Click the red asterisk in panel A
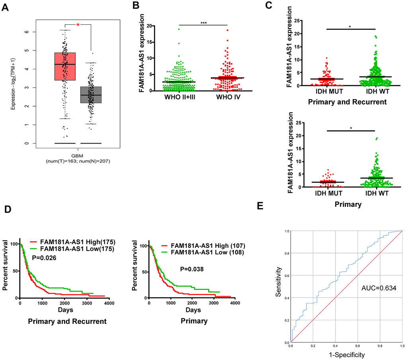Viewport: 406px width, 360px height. (78, 25)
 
